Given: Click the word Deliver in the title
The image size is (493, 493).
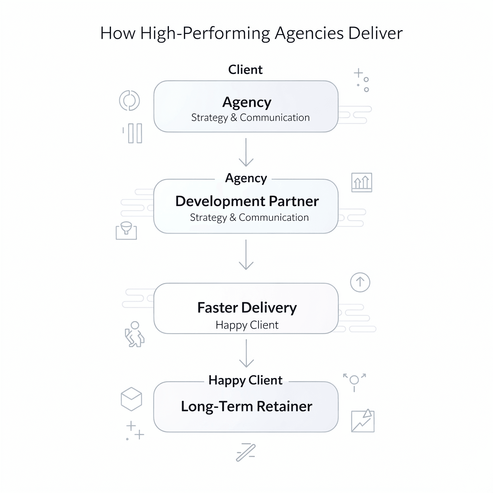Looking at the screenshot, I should tap(375, 33).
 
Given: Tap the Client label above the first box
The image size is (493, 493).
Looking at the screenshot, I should tap(245, 69).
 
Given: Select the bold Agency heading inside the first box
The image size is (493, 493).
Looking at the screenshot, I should tap(247, 102).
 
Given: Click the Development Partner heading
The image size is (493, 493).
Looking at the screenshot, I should tap(247, 201).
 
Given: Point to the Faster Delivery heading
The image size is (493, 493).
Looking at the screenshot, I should tap(247, 307).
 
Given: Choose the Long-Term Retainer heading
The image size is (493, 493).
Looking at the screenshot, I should tap(246, 406).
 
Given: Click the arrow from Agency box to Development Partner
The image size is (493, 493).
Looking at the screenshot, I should tap(246, 153).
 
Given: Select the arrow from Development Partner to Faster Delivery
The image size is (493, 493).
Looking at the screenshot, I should tap(246, 255).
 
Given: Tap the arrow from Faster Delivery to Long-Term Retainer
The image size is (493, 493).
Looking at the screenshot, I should tap(246, 353).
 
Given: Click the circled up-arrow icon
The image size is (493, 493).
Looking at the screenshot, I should tap(360, 282).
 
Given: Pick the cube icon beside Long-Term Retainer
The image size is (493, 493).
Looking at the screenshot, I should tap(131, 399).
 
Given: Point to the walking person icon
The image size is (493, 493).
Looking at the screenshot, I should tap(134, 334).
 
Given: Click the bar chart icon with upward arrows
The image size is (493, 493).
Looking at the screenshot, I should tap(362, 182).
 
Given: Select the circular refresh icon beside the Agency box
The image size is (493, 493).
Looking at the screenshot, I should tap(129, 100).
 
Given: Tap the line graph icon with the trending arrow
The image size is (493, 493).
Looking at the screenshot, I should tap(363, 421).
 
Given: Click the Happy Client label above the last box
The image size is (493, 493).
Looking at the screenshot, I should tap(245, 380).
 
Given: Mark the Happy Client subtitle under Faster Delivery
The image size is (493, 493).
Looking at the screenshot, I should tap(247, 325).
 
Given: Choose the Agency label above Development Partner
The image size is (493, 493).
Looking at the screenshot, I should tap(246, 178).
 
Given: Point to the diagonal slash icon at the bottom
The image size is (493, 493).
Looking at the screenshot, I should tap(246, 452).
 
